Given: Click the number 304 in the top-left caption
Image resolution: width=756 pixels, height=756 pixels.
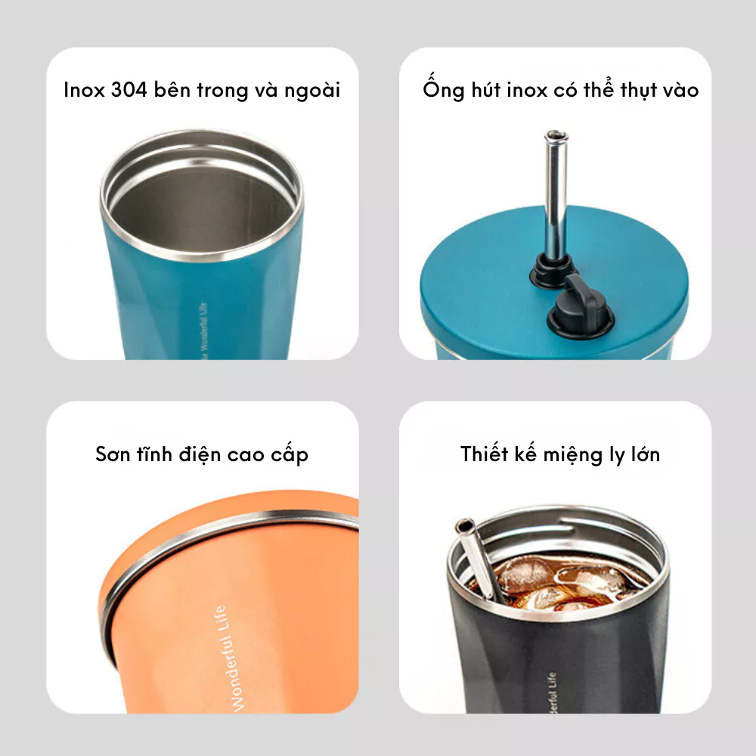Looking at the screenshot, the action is (x=129, y=90).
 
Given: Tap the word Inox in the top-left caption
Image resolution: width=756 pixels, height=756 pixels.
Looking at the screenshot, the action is (x=84, y=90).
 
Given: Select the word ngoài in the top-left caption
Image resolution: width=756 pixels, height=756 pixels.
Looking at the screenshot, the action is (x=312, y=91).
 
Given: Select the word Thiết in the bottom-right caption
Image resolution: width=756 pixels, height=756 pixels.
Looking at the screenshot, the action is (x=484, y=454).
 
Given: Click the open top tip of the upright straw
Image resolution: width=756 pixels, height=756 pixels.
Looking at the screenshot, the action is (x=556, y=135).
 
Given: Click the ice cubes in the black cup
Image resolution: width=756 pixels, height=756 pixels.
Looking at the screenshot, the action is (x=559, y=581).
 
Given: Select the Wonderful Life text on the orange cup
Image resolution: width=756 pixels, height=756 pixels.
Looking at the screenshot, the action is (x=229, y=658).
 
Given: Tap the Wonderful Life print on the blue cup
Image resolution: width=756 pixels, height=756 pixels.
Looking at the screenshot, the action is (x=204, y=331).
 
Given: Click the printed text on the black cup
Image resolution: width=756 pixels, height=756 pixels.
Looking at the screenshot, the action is (x=552, y=692).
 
